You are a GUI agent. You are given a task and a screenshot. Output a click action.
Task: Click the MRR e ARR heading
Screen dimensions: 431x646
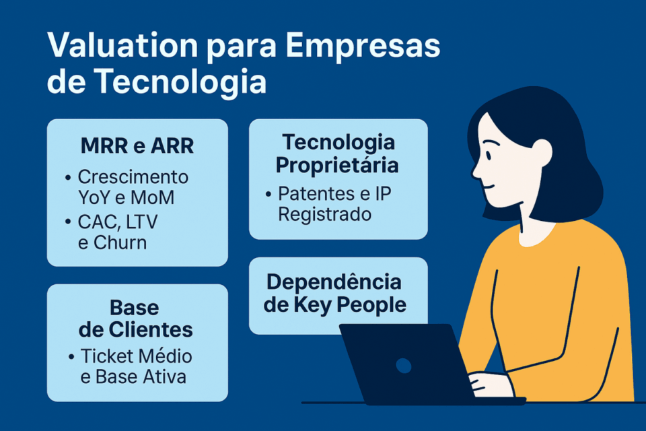[x=137, y=145]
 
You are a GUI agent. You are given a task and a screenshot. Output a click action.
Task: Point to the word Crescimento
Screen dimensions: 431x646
[x=133, y=177]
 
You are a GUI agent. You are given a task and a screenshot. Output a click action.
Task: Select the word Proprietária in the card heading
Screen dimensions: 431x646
[x=337, y=165]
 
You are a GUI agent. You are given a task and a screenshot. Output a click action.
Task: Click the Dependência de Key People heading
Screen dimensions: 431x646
[x=334, y=293]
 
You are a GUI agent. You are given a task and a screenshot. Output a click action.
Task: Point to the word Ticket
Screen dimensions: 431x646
[x=106, y=356]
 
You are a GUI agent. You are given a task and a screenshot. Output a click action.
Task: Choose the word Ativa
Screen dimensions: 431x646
[x=163, y=376]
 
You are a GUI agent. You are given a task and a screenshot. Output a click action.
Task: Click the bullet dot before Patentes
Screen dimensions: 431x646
[x=268, y=194]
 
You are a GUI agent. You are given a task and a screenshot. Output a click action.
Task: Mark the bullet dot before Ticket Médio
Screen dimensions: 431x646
[x=71, y=356]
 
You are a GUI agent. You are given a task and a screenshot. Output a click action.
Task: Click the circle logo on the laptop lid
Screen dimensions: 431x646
[x=403, y=366]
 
